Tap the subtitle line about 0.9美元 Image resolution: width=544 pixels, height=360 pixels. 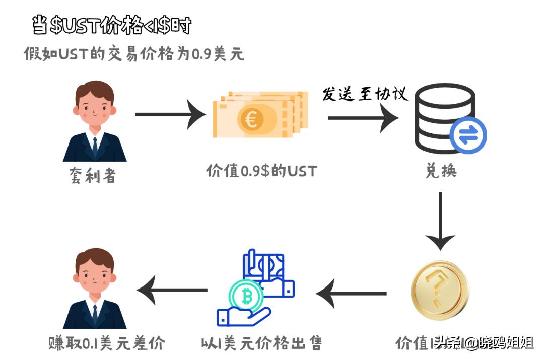(x=134, y=54)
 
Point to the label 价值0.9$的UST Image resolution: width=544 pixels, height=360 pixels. (x=261, y=171)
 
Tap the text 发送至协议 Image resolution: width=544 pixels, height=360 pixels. (x=365, y=94)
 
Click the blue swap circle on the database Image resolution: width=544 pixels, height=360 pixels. (x=468, y=134)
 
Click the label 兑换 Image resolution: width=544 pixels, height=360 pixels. (x=441, y=171)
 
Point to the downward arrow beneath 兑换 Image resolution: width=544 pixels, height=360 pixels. (x=440, y=221)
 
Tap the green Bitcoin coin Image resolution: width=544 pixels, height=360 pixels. (x=246, y=297)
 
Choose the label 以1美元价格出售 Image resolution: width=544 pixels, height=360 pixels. (x=261, y=344)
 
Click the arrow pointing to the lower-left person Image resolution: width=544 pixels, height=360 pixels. (x=172, y=290)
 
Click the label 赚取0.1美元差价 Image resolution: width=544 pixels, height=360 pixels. (x=107, y=344)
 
